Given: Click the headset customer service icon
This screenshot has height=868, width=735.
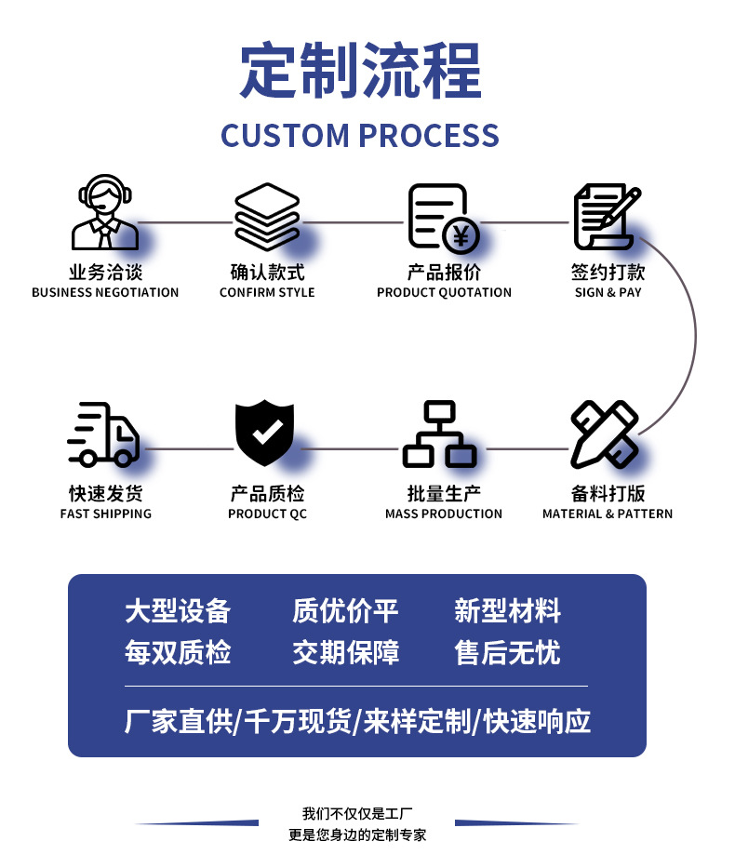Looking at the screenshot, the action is click(105, 212).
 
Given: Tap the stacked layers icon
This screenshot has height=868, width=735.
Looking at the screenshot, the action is click(267, 217).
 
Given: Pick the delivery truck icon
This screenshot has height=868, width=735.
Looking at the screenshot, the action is click(103, 434).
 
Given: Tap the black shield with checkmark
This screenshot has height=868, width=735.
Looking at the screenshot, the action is click(264, 433).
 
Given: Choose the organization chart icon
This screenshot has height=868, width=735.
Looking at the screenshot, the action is click(440, 434).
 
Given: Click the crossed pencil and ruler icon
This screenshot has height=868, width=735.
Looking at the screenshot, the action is click(605, 434).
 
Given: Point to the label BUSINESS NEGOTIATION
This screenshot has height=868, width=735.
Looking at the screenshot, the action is click(105, 292).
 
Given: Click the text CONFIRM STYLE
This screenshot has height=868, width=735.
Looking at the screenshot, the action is click(267, 292).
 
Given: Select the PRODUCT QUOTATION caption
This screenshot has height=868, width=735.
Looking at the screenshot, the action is click(444, 292).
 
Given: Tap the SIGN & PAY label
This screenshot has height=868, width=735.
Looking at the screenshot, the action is click(608, 292).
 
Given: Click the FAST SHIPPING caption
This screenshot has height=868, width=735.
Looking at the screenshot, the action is click(106, 514).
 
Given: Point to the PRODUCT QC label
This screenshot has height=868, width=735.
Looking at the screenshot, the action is click(267, 514).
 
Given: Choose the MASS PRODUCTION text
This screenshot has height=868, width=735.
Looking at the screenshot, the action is click(444, 514).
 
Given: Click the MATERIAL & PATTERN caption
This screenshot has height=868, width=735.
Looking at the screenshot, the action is click(608, 514).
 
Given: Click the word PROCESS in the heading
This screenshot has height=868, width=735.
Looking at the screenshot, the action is click(429, 136).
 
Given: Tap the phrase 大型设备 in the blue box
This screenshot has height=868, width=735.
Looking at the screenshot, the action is click(178, 611).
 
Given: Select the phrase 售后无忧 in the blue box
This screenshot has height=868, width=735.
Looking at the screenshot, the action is click(508, 652).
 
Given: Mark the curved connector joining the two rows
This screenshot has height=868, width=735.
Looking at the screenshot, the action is click(696, 336).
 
